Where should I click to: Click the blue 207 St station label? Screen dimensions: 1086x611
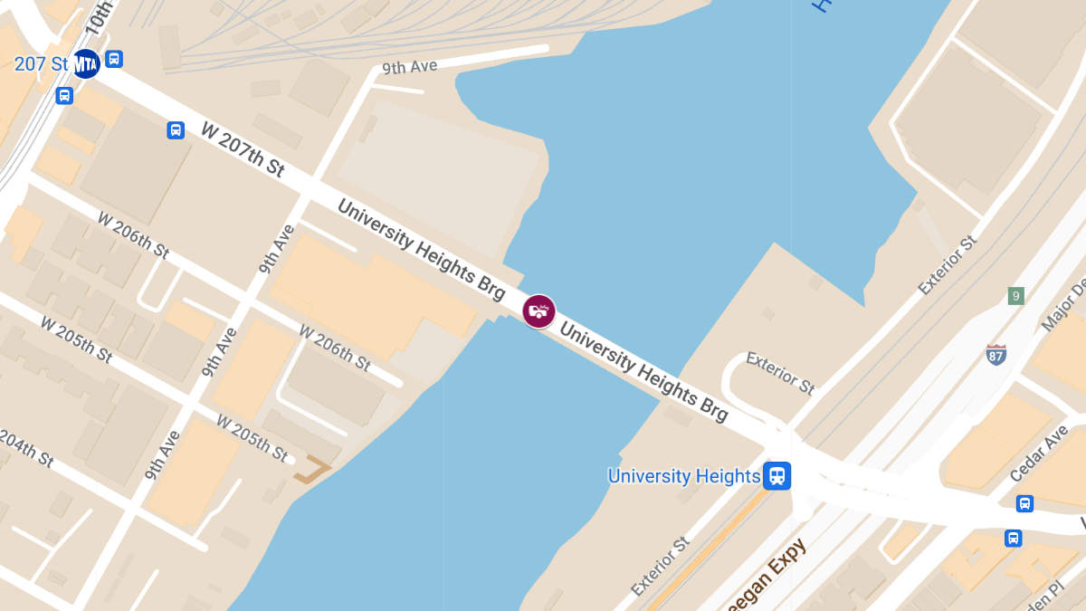click(x=41, y=64)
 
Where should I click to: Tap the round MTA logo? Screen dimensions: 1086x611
click(x=86, y=64)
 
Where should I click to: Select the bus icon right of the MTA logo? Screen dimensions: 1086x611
click(x=113, y=59)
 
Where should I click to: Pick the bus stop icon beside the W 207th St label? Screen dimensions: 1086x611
click(x=176, y=130)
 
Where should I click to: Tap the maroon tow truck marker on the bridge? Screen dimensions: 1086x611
click(x=539, y=311)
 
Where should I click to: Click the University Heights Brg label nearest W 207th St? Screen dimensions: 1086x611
click(x=421, y=249)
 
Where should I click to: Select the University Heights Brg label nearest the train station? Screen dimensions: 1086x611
click(x=643, y=372)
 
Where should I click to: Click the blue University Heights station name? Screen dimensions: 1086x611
click(x=683, y=476)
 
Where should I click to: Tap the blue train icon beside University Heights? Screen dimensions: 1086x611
click(x=776, y=476)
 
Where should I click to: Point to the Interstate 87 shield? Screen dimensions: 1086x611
click(x=996, y=354)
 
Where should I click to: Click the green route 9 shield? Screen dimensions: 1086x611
click(x=1016, y=296)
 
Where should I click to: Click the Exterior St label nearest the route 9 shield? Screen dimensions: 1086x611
click(x=948, y=266)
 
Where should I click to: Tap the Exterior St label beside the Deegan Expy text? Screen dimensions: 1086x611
click(x=661, y=567)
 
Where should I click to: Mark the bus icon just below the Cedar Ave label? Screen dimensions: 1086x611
click(x=1024, y=504)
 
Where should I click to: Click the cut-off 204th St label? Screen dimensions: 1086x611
click(x=25, y=447)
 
